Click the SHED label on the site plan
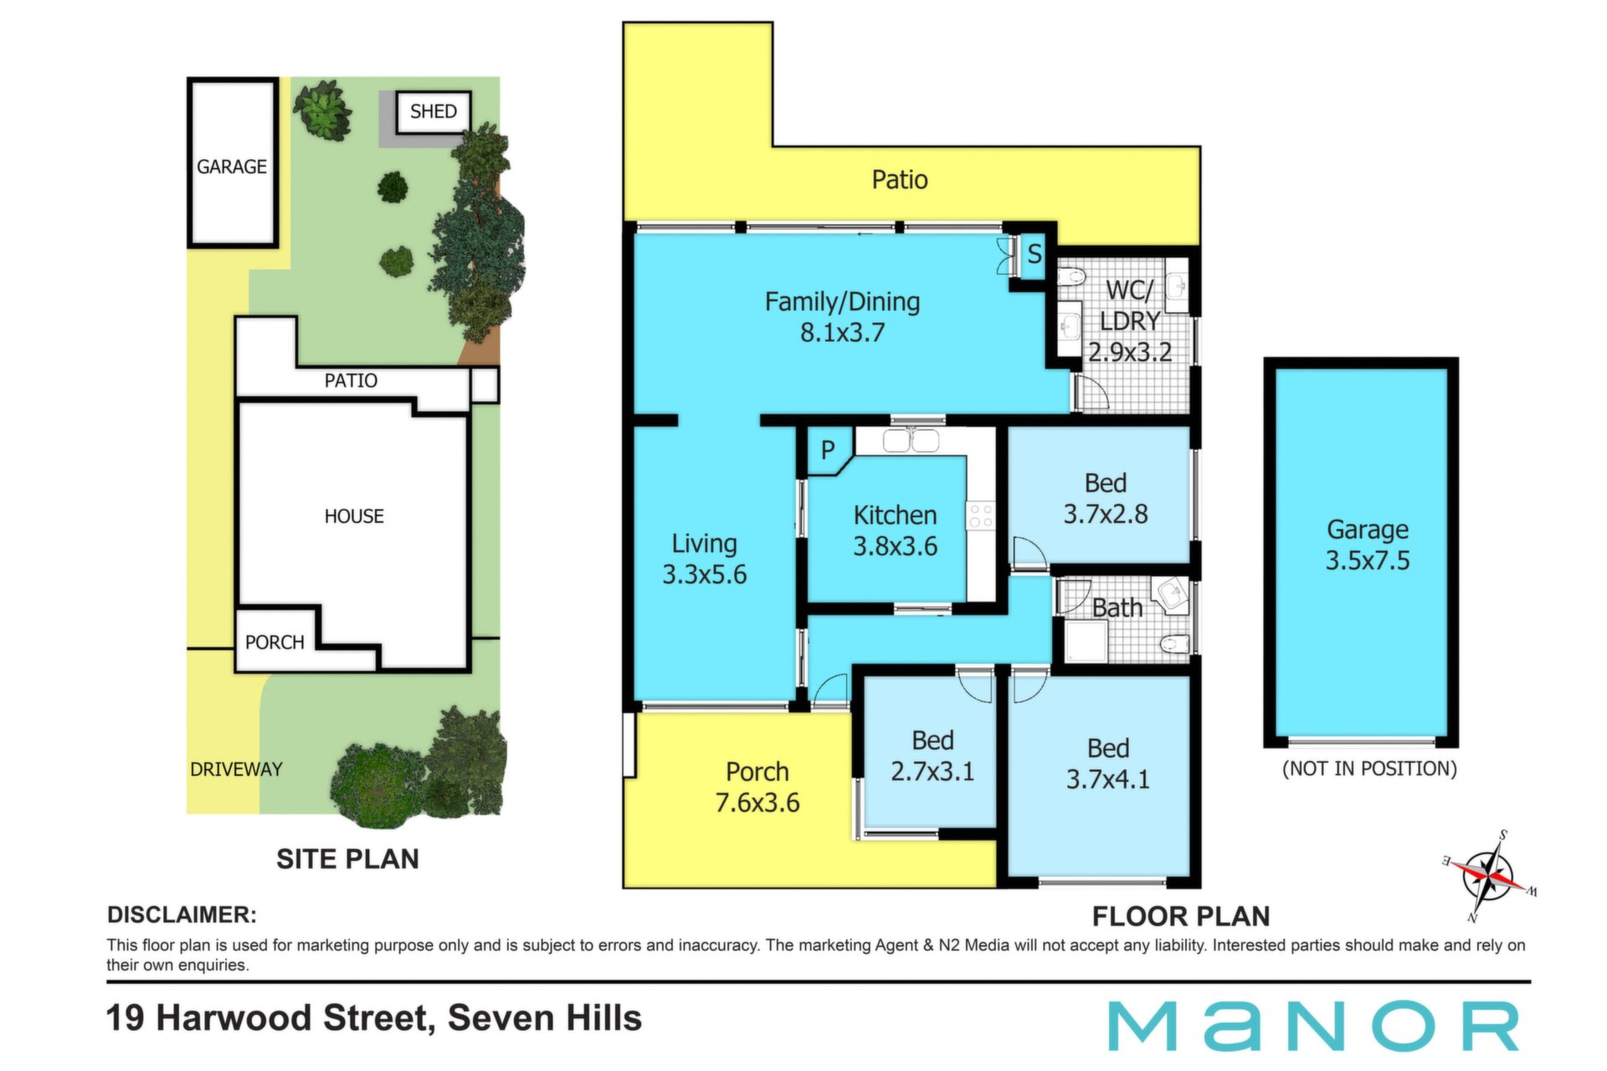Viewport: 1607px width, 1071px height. pyautogui.click(x=434, y=111)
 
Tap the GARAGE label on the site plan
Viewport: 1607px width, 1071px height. pyautogui.click(x=232, y=167)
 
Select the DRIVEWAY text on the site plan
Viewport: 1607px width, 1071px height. pyautogui.click(x=236, y=769)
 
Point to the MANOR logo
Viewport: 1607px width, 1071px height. pyautogui.click(x=1313, y=1026)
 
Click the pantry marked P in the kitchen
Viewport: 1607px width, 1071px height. pyautogui.click(x=829, y=451)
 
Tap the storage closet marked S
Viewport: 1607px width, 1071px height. pyautogui.click(x=1035, y=254)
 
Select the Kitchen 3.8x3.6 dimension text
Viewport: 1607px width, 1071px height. pyautogui.click(x=895, y=546)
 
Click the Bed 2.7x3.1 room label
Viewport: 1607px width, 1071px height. pyautogui.click(x=932, y=756)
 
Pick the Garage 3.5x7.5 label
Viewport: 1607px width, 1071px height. pyautogui.click(x=1368, y=545)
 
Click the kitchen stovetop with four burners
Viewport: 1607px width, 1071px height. pyautogui.click(x=981, y=515)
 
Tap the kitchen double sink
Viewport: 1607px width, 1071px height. pyautogui.click(x=911, y=441)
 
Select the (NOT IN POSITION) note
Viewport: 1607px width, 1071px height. pyautogui.click(x=1369, y=769)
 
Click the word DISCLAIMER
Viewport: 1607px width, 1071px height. pyautogui.click(x=182, y=915)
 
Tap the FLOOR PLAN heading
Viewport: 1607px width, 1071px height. pyautogui.click(x=1181, y=916)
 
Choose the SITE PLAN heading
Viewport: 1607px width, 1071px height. pyautogui.click(x=347, y=859)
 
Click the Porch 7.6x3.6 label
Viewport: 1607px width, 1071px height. pyautogui.click(x=757, y=787)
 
